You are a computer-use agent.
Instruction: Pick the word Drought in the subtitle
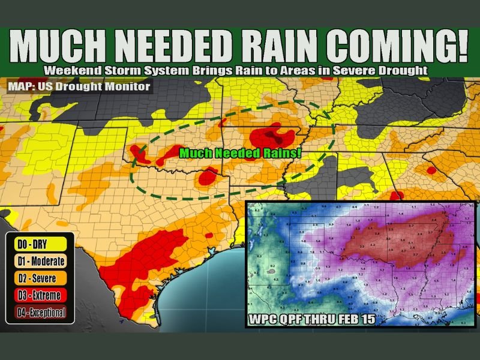tap(401, 70)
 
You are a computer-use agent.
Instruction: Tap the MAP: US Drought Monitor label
tap(79, 86)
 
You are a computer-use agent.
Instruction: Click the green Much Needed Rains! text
tap(240, 153)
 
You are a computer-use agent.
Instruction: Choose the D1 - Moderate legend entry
tap(40, 261)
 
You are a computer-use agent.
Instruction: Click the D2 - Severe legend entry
tap(38, 278)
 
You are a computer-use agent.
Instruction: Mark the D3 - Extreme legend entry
tap(39, 295)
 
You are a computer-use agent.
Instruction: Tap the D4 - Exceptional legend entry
tap(40, 311)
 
